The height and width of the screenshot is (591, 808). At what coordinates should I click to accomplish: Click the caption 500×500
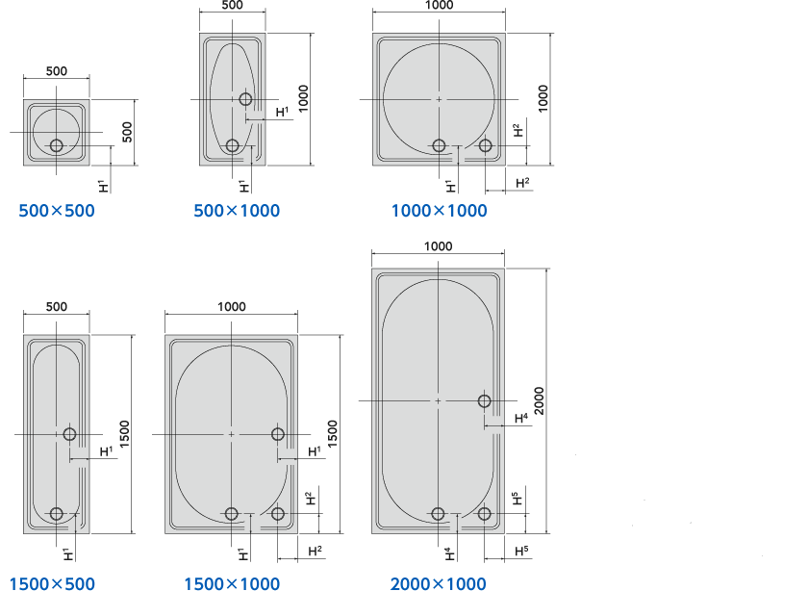[57, 211]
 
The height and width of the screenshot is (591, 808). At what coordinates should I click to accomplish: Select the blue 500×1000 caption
[237, 211]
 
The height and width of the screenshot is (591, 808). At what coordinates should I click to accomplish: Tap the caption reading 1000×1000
[439, 211]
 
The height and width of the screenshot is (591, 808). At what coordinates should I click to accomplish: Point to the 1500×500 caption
[52, 583]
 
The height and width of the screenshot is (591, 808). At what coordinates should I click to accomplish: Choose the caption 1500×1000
[232, 583]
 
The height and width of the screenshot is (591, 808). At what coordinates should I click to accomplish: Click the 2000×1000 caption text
[438, 583]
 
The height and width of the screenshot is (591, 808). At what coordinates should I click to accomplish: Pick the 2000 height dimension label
[539, 400]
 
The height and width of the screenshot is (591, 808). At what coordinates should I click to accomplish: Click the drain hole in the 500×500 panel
[57, 146]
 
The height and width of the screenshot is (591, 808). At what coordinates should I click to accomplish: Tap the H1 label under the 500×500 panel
[103, 186]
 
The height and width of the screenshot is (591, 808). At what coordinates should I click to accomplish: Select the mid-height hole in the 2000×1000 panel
[485, 400]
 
